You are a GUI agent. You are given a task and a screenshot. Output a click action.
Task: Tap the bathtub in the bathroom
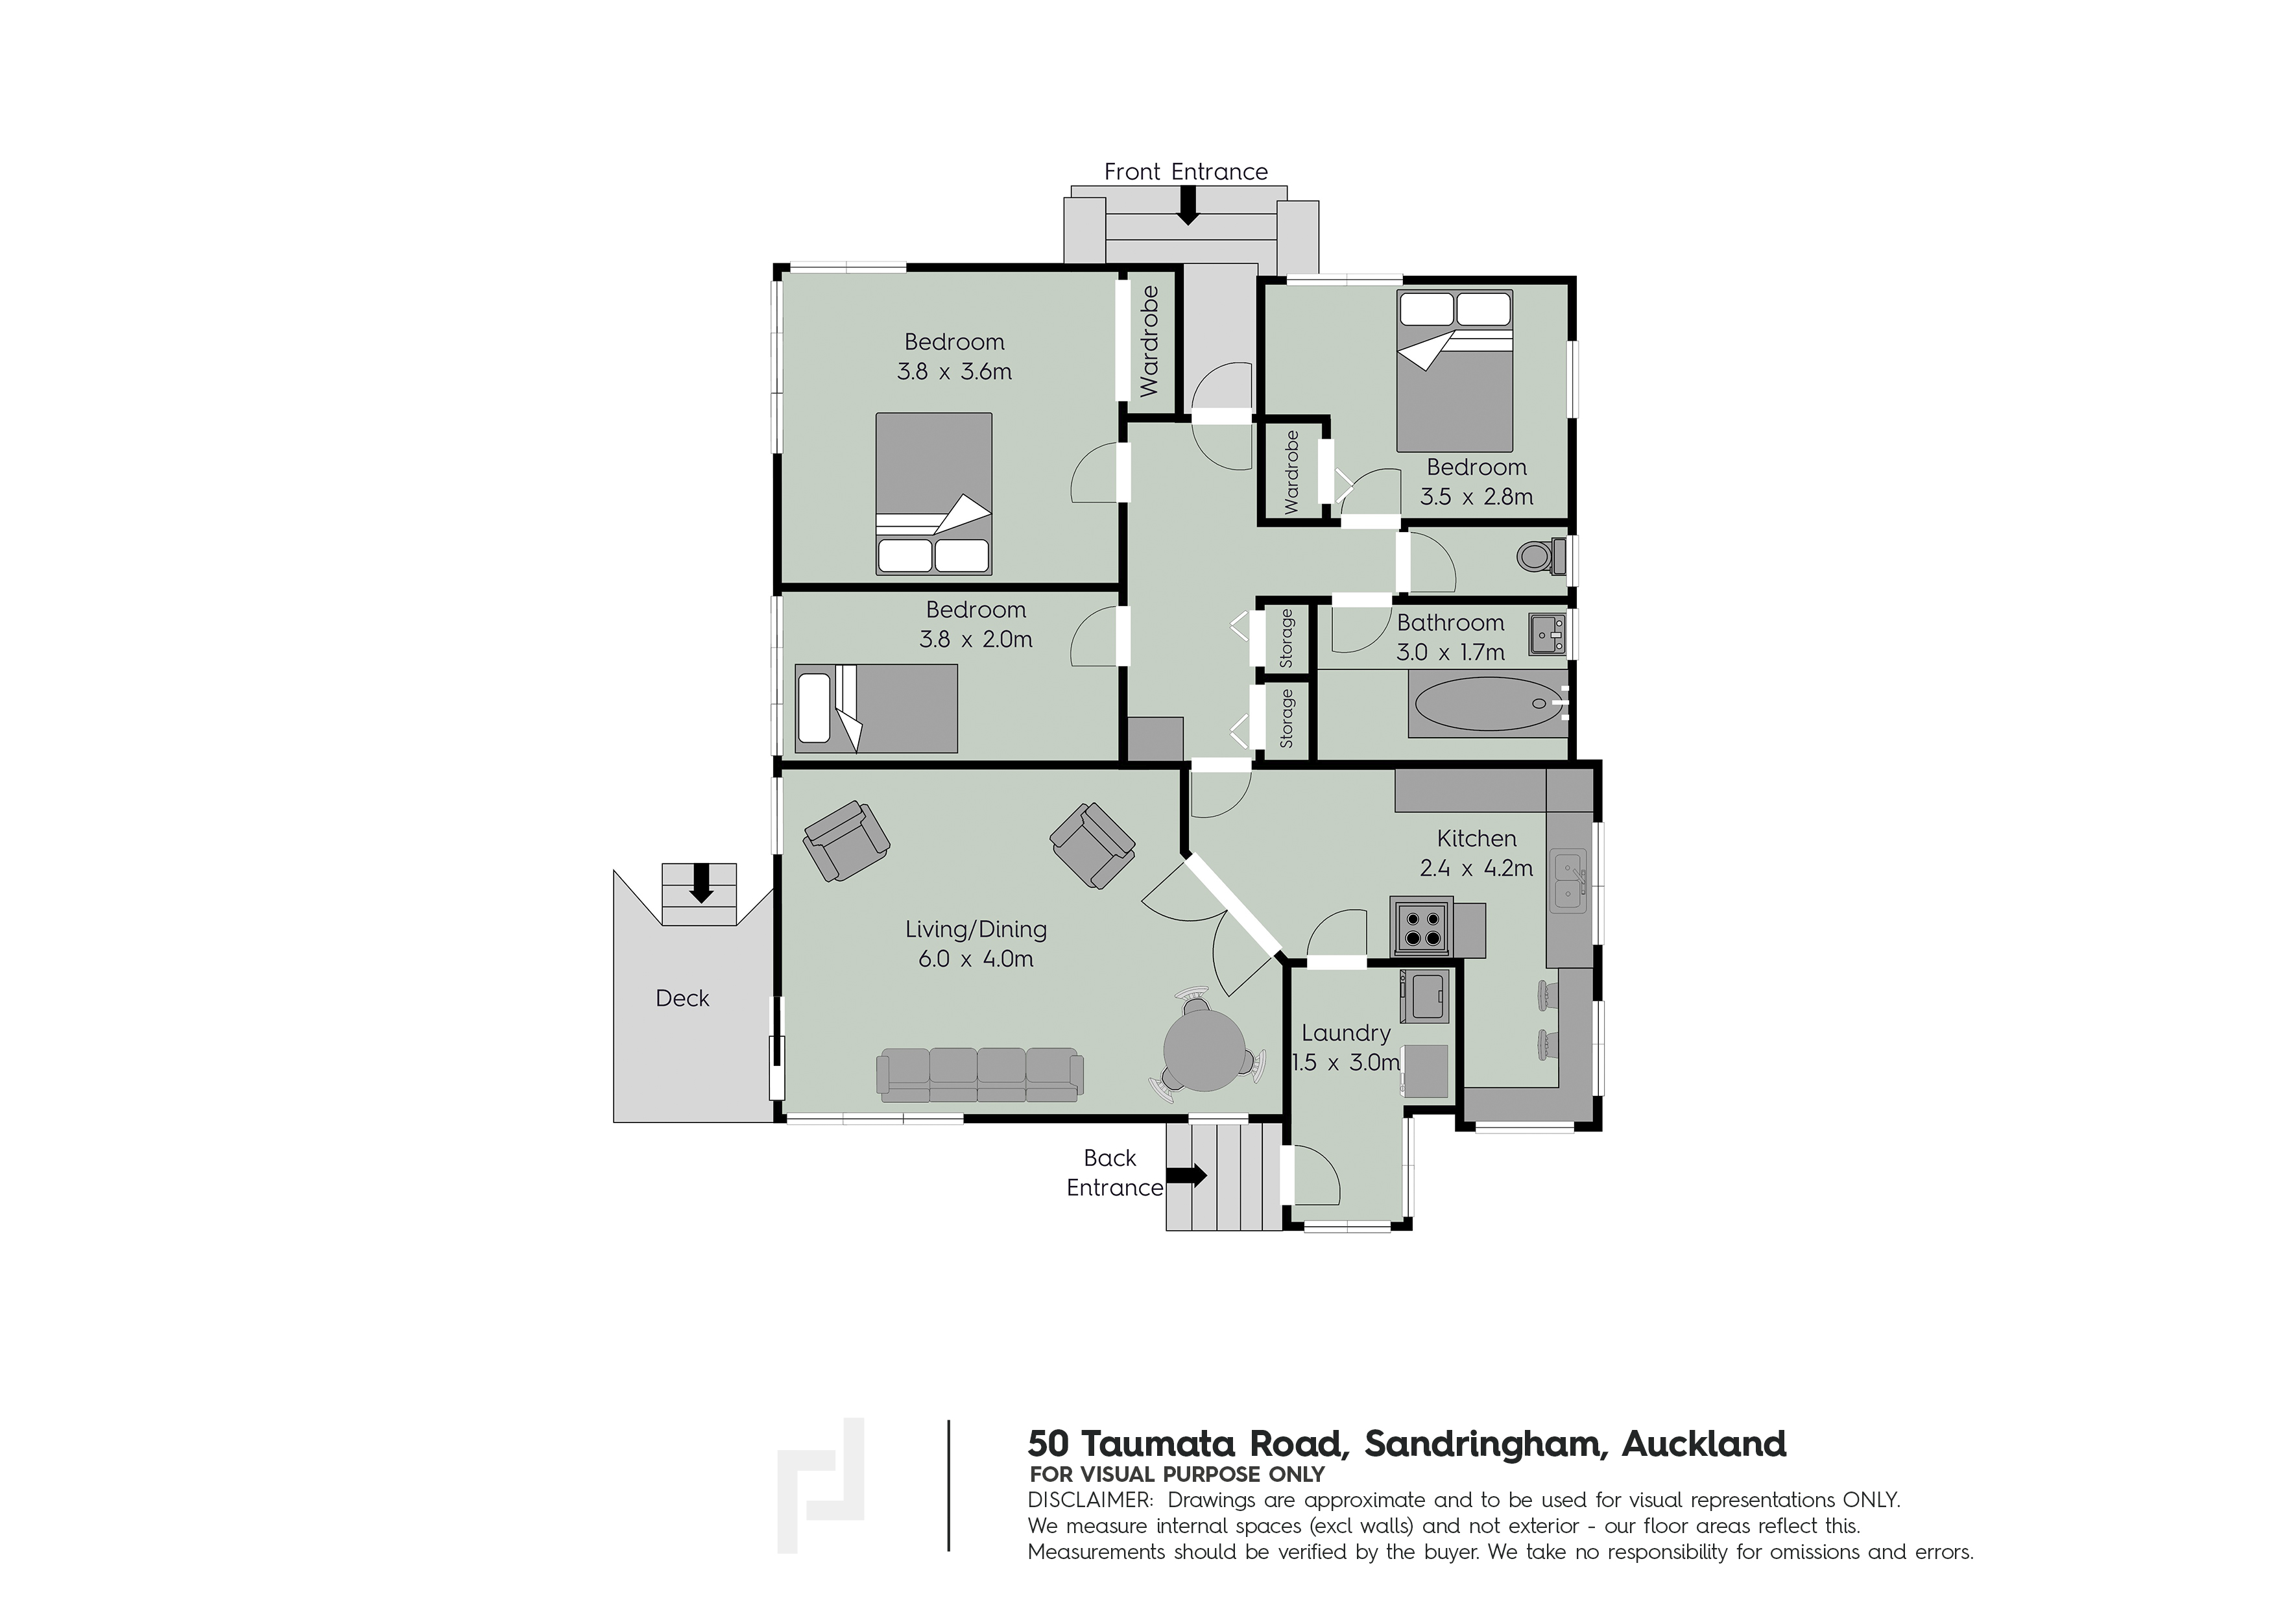[x=1486, y=706]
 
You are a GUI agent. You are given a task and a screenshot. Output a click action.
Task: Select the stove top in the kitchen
[x=1422, y=927]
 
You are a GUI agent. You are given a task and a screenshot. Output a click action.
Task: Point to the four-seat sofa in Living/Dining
[x=979, y=1074]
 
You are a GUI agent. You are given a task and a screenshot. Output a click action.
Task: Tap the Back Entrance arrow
[x=1186, y=1176]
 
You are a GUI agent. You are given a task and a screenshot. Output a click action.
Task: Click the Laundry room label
[x=1345, y=1033]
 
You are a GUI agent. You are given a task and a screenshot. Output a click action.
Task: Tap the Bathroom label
[x=1450, y=623]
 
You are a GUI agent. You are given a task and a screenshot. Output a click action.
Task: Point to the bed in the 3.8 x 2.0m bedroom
[x=876, y=708]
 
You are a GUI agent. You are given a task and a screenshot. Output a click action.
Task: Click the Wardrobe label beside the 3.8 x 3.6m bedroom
[x=1149, y=341]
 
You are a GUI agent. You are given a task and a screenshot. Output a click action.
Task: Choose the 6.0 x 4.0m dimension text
[x=976, y=959]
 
